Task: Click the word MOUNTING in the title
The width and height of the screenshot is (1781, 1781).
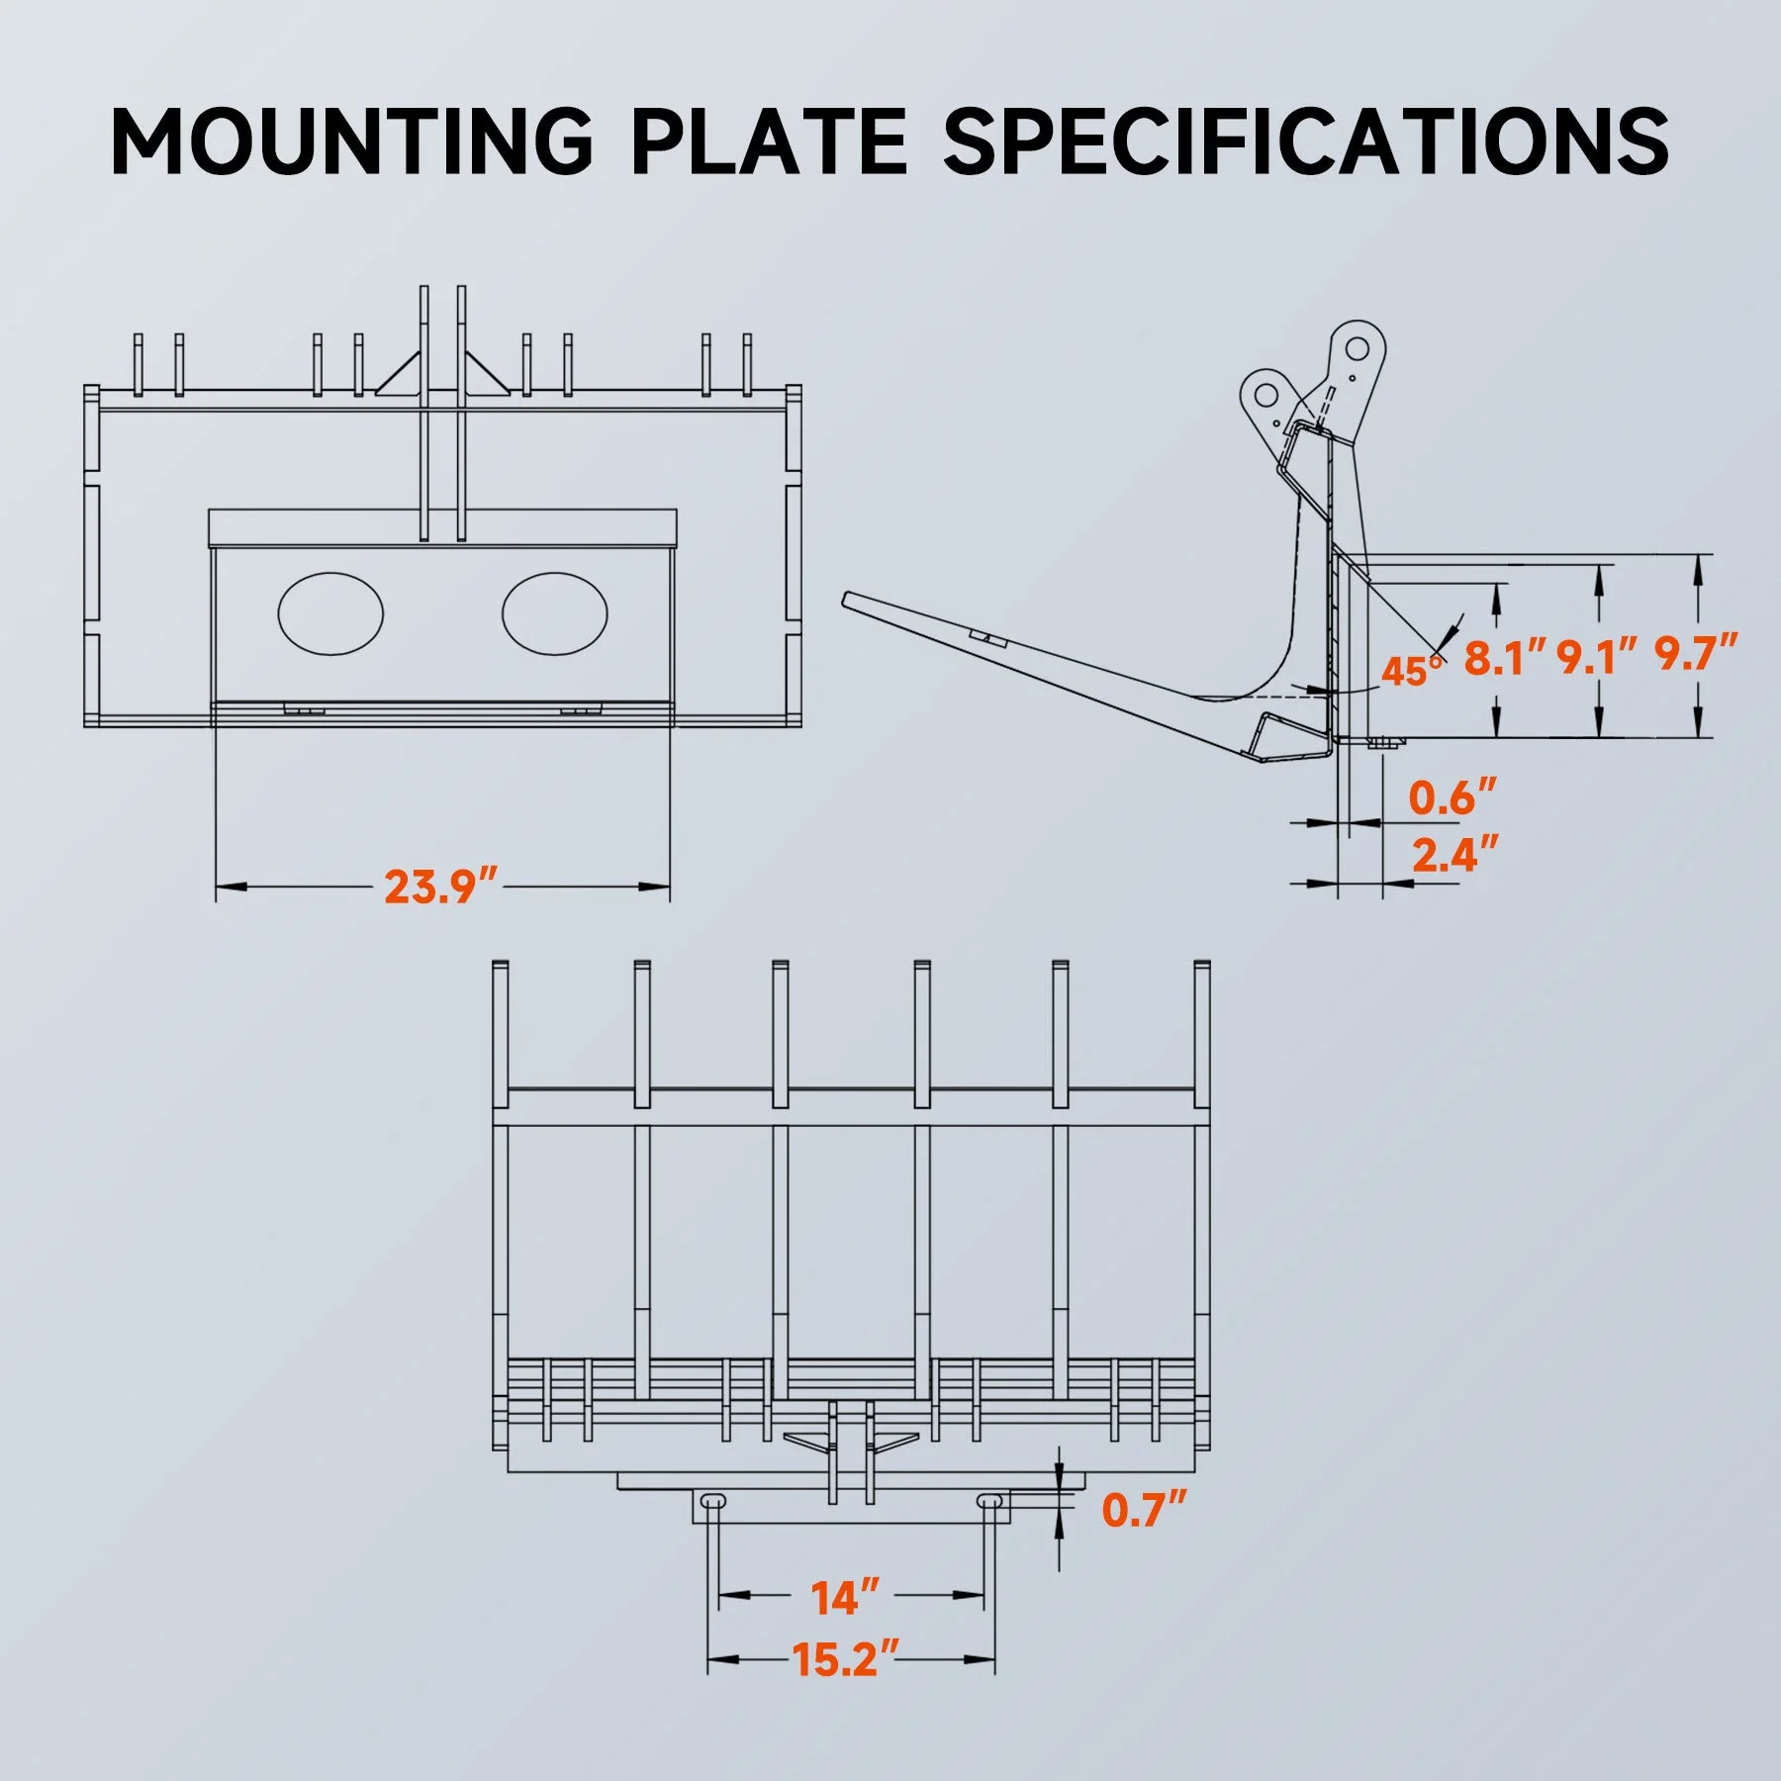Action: [351, 141]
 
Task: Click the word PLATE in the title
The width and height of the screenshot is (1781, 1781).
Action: [768, 141]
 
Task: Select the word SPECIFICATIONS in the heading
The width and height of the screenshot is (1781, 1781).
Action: [1305, 141]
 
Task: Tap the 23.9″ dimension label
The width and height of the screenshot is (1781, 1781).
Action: [440, 887]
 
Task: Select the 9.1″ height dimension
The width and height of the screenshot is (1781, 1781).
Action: [1596, 658]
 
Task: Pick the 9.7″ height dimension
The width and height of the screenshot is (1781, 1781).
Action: [1696, 654]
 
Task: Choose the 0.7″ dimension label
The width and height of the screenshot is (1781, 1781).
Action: [1144, 1510]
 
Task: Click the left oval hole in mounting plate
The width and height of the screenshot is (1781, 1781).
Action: [330, 613]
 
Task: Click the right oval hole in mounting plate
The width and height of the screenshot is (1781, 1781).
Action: [554, 613]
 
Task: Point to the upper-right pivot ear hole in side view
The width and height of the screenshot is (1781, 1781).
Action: [1357, 348]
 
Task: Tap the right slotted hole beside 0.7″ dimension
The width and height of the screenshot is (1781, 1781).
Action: [988, 1501]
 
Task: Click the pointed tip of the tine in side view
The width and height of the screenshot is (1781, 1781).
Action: [847, 599]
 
